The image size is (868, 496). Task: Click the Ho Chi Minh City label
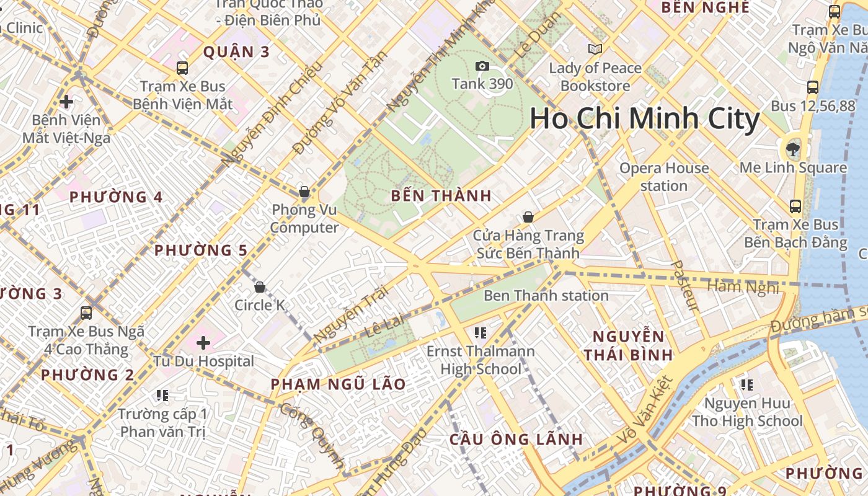(x=645, y=119)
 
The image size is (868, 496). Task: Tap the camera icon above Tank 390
(x=482, y=66)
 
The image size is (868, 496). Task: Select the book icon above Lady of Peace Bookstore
(x=595, y=49)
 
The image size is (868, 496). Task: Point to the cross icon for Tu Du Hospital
(x=203, y=342)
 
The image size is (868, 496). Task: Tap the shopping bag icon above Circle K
(x=260, y=287)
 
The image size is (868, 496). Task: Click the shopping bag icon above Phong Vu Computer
(x=304, y=192)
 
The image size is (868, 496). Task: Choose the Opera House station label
(x=664, y=177)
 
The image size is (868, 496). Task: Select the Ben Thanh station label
(x=546, y=295)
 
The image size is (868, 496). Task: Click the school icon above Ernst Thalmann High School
(x=480, y=333)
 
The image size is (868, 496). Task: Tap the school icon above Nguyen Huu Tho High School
(x=747, y=385)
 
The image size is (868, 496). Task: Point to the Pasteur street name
(x=685, y=285)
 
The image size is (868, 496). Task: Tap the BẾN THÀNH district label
(x=441, y=196)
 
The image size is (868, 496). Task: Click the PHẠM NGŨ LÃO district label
(x=338, y=384)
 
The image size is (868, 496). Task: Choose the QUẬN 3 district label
(x=237, y=51)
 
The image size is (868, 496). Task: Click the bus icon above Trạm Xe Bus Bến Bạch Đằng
(x=795, y=206)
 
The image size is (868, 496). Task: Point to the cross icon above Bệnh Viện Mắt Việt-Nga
(x=66, y=101)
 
